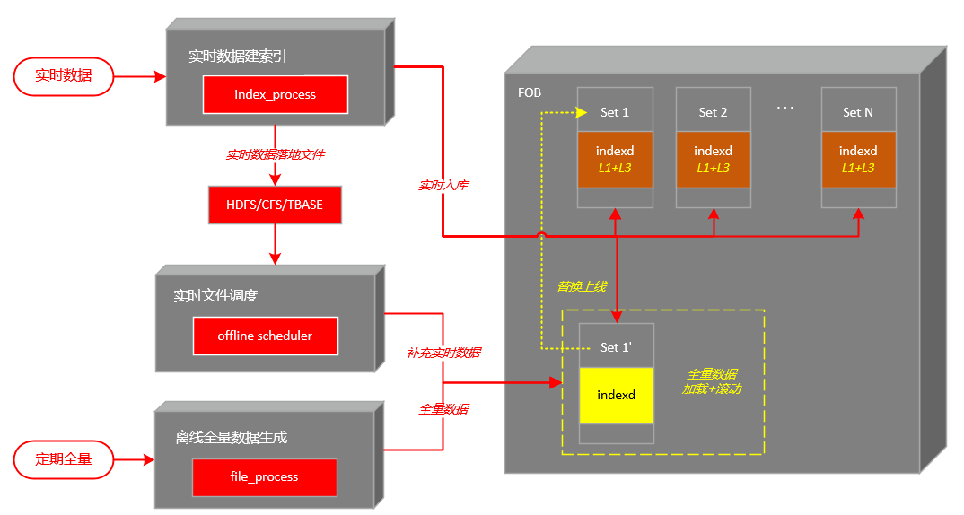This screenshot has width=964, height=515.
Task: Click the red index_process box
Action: (275, 94)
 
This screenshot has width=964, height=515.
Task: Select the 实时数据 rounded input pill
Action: (64, 75)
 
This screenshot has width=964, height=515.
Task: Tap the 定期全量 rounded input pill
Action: (64, 459)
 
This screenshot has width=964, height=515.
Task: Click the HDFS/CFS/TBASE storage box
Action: (275, 205)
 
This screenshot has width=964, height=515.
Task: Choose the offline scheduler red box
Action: (265, 336)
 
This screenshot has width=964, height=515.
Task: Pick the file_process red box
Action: (264, 476)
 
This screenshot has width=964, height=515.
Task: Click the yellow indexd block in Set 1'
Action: (616, 395)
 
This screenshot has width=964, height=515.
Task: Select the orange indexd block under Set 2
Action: (713, 160)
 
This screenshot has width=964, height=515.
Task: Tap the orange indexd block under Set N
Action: (858, 160)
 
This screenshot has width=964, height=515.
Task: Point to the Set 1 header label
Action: (615, 112)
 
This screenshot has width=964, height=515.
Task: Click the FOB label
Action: (530, 93)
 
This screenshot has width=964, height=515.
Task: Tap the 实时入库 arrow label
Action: (444, 186)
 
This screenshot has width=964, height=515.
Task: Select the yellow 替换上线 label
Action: (582, 286)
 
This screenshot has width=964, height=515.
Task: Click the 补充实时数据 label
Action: (444, 353)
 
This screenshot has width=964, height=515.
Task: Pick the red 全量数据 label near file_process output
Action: (444, 408)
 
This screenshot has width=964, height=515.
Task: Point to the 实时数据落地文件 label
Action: (275, 154)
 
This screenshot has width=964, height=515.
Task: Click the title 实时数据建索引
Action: (238, 56)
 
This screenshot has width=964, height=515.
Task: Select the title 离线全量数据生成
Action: (232, 438)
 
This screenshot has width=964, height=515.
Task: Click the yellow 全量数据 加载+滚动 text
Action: (712, 381)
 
